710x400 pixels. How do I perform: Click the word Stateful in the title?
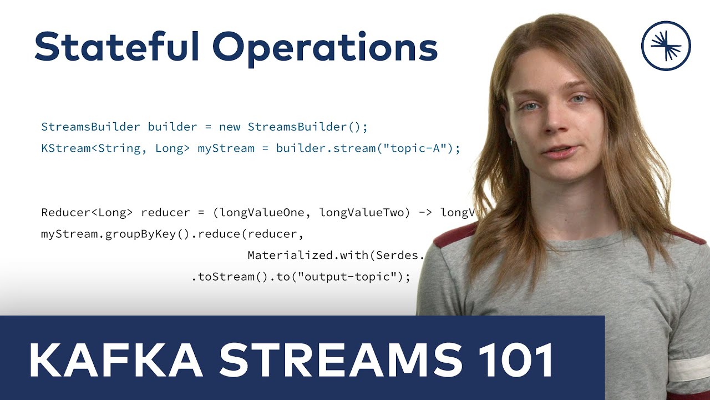coord(116,47)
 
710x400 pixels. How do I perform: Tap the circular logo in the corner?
coord(666,46)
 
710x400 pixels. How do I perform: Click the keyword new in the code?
coord(230,127)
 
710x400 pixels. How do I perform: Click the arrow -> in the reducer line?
coord(423,212)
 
